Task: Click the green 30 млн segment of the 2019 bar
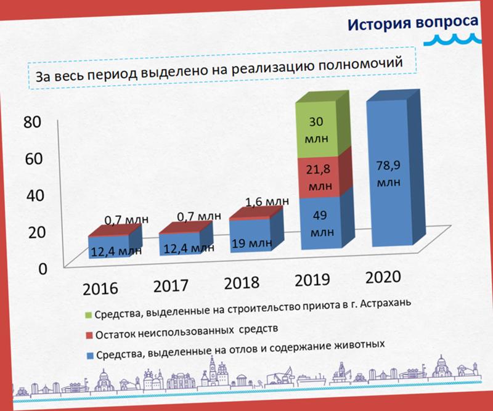point(317,129)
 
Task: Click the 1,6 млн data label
point(267,201)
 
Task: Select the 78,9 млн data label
point(389,174)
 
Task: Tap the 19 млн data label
point(252,243)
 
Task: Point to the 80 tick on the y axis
point(32,121)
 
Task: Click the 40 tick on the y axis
point(35,195)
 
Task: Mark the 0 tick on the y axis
point(43,269)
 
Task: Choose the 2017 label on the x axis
point(171,286)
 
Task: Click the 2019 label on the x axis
point(312,280)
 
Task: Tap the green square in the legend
point(88,315)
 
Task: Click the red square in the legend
point(89,335)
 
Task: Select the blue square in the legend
point(90,356)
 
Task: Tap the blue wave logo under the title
point(453,39)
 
